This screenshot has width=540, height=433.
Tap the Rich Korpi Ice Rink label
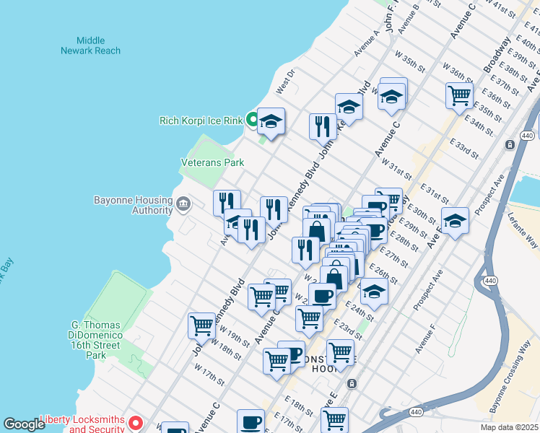(x=201, y=121)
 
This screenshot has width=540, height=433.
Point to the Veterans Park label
(x=212, y=163)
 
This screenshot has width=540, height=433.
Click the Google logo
(x=24, y=424)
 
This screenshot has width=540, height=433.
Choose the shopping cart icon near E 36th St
(x=459, y=94)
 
